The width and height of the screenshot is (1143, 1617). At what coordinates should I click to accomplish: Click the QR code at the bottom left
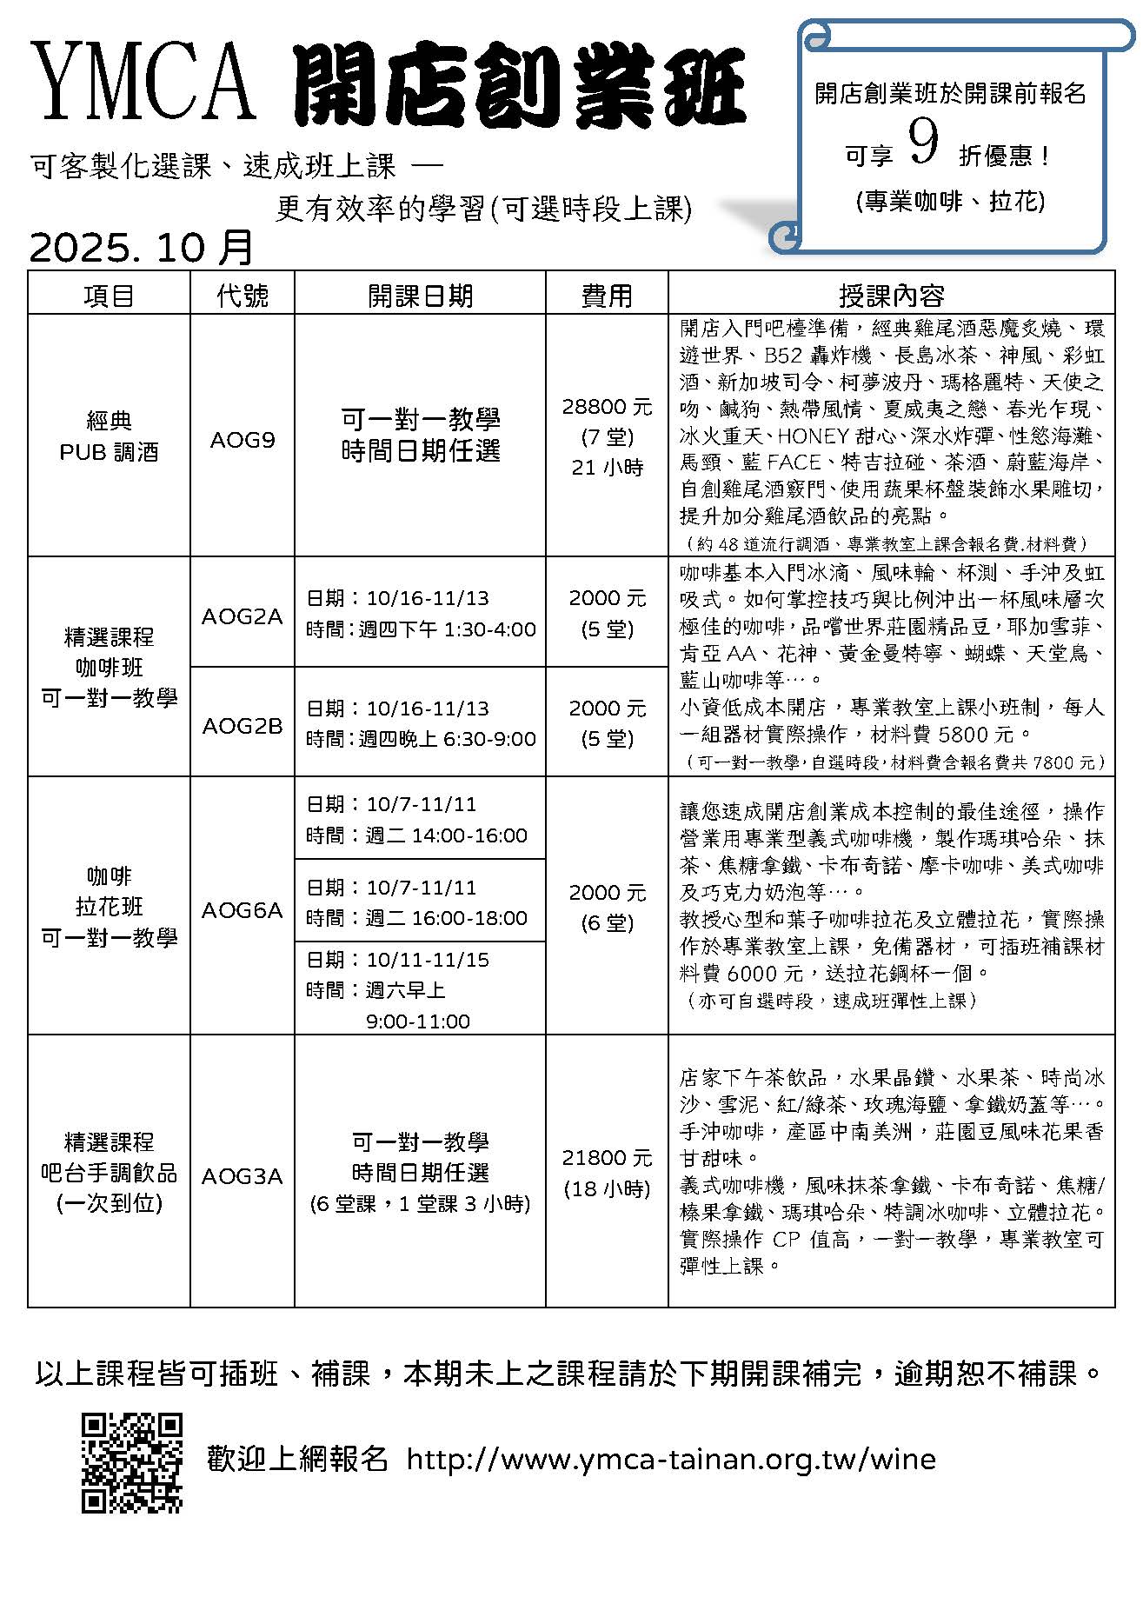tap(132, 1463)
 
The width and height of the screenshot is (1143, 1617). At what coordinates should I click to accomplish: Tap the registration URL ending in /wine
tap(671, 1460)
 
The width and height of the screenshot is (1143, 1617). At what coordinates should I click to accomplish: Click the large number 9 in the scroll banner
tap(923, 143)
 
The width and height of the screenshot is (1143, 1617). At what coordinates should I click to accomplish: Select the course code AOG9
tap(243, 440)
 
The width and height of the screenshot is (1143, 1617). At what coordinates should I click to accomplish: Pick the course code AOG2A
tap(243, 616)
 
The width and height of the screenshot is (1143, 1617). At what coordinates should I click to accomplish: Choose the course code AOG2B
tap(243, 726)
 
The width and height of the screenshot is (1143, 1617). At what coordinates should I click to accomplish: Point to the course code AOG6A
tap(243, 910)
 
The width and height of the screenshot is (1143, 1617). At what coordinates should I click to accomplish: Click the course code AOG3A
tap(243, 1176)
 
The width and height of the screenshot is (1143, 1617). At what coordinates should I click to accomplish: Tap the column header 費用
tap(607, 296)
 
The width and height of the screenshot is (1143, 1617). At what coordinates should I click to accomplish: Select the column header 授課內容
tap(891, 296)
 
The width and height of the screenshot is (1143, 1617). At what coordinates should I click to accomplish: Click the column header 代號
tap(243, 296)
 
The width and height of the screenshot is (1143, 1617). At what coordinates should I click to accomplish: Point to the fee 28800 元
tap(607, 407)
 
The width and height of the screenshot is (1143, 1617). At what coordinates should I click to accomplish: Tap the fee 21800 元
tap(607, 1158)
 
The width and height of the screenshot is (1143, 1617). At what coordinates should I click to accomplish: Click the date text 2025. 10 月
tap(142, 248)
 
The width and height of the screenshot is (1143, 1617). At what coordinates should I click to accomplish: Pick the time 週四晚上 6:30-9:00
tap(448, 739)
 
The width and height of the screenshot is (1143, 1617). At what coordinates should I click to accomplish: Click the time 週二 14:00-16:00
tap(446, 835)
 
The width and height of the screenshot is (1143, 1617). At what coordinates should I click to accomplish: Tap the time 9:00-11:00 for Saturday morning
tap(418, 1021)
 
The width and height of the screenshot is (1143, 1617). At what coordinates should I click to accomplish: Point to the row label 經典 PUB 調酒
tap(110, 436)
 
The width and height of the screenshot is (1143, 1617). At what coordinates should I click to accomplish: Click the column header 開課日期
tap(420, 296)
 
